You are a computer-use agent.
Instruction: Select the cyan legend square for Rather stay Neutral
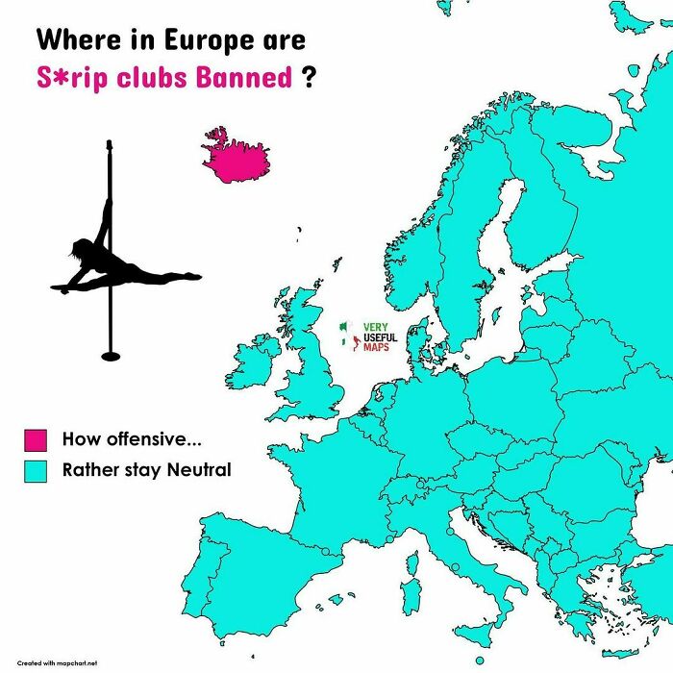[x=36, y=471]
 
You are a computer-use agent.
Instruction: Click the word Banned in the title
[x=245, y=77]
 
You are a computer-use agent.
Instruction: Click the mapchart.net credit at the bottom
[x=58, y=662]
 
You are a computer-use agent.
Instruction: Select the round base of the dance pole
[x=112, y=356]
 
